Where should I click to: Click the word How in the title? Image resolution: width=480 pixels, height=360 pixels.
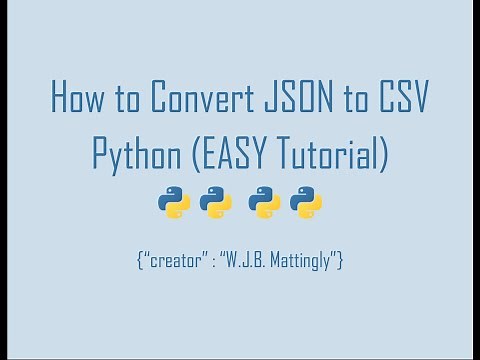76,101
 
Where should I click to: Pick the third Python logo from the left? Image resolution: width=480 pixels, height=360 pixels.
264,203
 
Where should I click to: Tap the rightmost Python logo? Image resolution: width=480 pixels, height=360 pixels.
306,203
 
